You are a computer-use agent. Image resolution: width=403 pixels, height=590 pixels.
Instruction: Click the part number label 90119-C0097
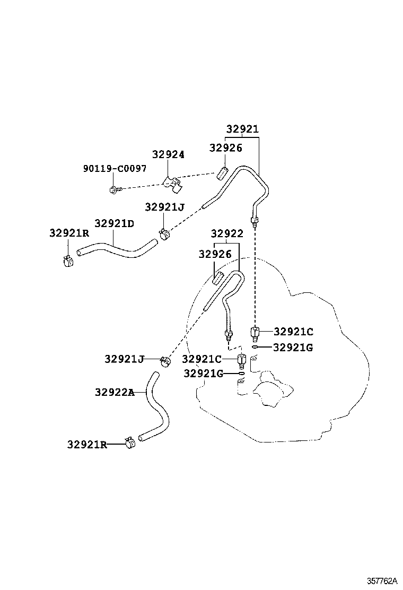[x=115, y=168]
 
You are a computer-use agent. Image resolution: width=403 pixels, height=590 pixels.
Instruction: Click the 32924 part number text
[x=168, y=154]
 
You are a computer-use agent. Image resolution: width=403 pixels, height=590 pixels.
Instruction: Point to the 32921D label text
[x=114, y=223]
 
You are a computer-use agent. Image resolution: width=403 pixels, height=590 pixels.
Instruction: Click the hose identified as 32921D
[x=117, y=247]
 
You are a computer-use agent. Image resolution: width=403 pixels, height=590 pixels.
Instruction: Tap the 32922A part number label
[x=114, y=392]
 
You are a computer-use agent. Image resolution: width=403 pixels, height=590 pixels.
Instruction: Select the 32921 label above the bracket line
[x=242, y=129]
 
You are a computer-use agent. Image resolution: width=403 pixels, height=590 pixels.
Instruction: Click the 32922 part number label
[x=227, y=234]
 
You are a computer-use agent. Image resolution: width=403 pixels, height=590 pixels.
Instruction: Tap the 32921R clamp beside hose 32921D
[x=68, y=261]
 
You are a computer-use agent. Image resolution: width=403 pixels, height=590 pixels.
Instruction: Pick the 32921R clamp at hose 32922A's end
[x=129, y=442]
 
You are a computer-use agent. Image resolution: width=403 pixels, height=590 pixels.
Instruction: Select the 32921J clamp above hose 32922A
[x=165, y=361]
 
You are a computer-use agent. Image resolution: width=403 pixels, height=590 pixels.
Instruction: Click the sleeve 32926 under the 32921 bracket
[x=223, y=173]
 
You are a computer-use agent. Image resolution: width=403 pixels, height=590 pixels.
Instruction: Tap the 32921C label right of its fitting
[x=293, y=332]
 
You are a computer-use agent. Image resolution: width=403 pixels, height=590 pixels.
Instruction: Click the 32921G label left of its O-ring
[x=204, y=374]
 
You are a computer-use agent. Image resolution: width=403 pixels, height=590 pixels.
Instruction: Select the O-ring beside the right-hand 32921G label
[x=255, y=348]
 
